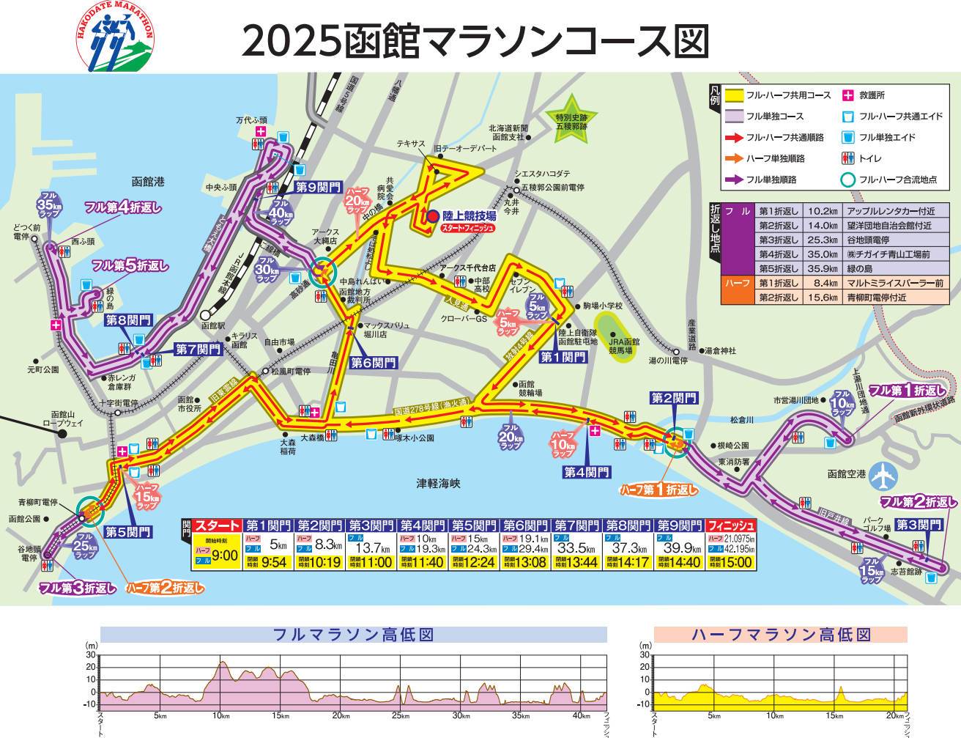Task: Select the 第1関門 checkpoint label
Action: coord(563,357)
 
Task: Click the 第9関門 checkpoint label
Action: coord(318,187)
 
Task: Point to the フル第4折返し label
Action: coord(122,207)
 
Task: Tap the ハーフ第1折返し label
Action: coord(658,489)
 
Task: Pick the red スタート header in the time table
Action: coord(218,525)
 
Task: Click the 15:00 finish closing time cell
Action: coord(730,562)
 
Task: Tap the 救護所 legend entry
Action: coord(872,95)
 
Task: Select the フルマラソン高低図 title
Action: coord(353,634)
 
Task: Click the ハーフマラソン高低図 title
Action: coord(780,634)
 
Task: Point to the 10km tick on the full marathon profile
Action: coord(219,715)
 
